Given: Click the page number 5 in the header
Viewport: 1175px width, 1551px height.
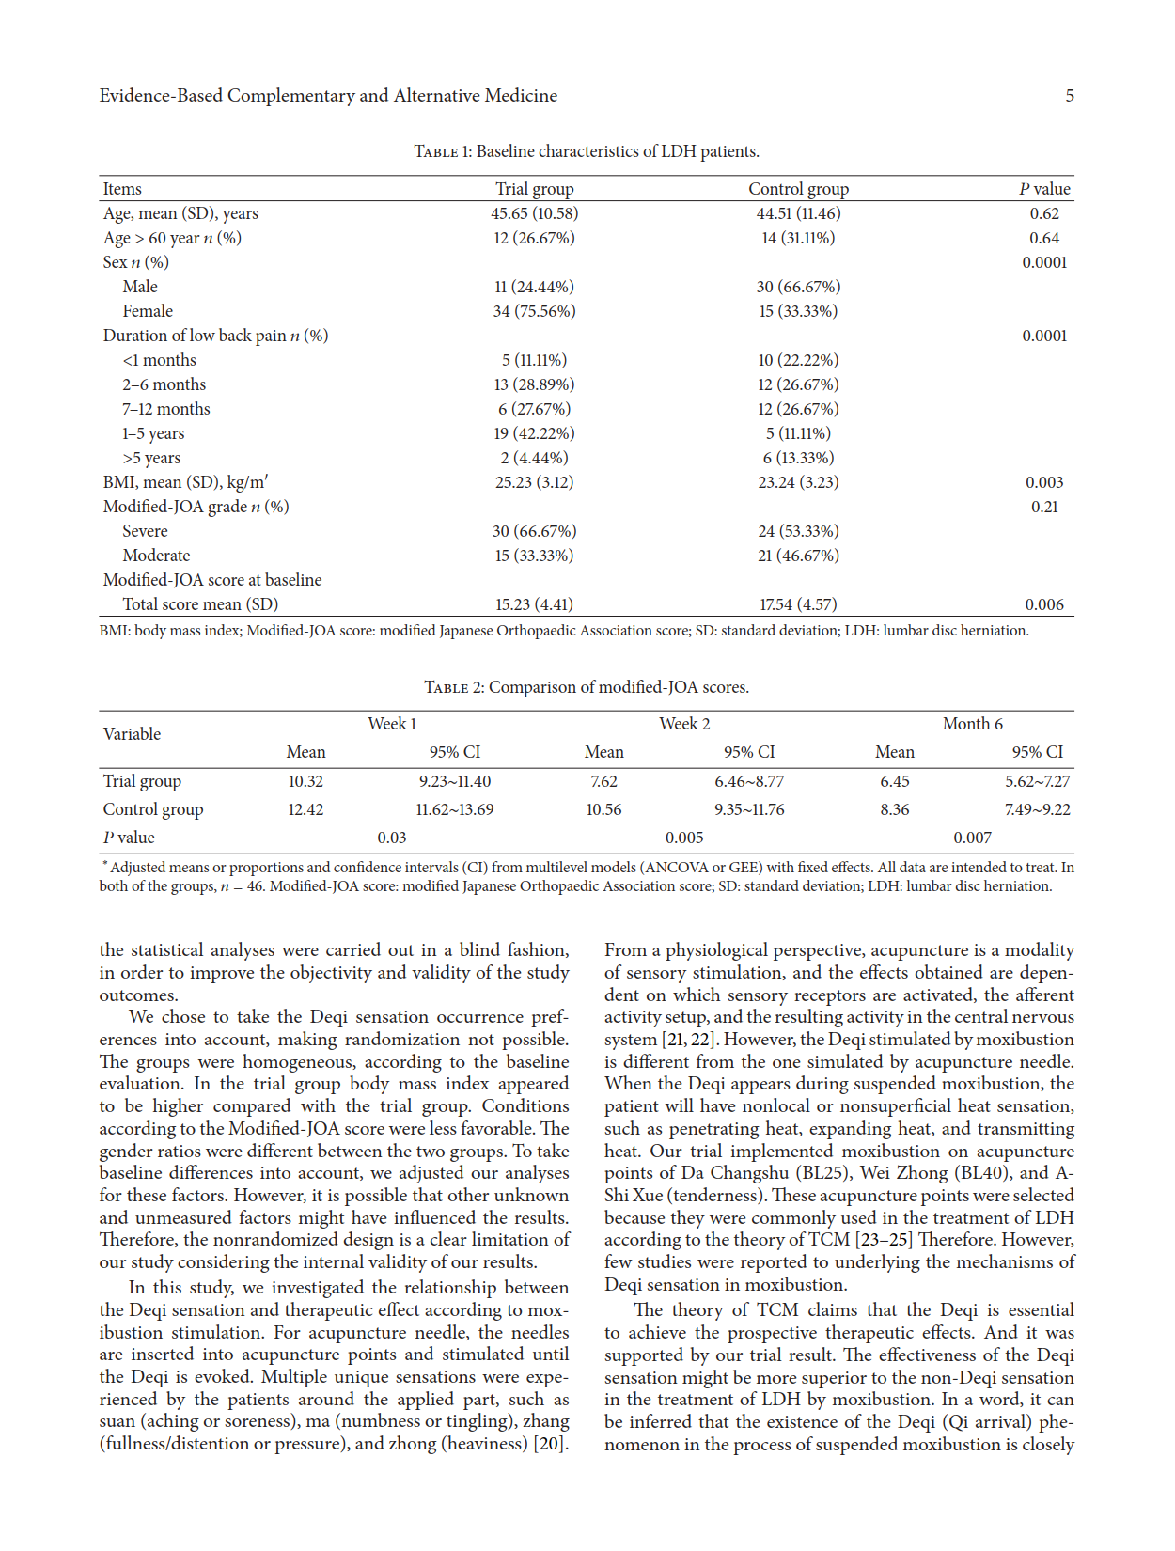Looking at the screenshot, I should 1070,96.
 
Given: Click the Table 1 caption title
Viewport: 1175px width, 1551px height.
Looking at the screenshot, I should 587,151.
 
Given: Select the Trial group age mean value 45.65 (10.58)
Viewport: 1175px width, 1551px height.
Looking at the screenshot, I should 534,213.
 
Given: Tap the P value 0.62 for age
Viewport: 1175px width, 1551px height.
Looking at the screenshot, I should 1044,213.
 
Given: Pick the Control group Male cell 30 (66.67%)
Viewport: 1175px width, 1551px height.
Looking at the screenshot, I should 798,287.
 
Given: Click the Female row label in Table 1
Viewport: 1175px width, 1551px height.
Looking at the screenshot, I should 148,311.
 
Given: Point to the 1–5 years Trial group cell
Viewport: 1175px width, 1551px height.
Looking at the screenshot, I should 534,433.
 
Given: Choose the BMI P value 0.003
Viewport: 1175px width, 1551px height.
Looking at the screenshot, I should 1044,482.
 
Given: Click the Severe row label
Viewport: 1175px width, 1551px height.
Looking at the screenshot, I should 145,531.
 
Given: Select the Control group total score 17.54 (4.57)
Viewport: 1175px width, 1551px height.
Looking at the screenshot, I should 798,604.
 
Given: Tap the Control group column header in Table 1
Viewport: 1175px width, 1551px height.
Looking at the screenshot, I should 798,189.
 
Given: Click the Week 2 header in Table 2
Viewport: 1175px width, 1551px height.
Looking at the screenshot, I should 684,724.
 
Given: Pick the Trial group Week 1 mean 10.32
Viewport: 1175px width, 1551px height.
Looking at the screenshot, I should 305,781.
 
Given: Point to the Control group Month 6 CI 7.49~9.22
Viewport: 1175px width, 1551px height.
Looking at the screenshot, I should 1037,809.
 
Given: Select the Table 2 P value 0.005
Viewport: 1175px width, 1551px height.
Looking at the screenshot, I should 684,838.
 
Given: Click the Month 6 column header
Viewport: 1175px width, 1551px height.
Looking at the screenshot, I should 972,724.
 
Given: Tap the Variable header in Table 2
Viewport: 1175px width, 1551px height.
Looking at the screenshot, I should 132,734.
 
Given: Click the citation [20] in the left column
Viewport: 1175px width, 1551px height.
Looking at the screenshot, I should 551,1444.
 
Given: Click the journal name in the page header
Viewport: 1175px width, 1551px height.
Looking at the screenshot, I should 328,96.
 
